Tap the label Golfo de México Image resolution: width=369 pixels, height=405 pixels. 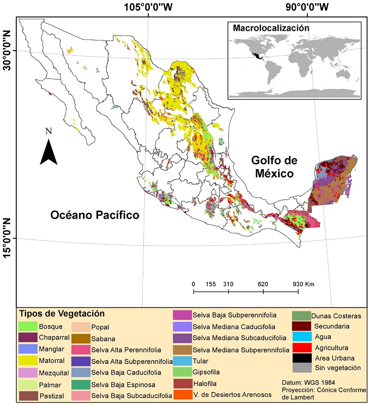[x=272, y=167]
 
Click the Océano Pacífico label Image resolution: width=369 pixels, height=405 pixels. [x=95, y=215]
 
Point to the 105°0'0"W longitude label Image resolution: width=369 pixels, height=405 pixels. [x=148, y=7]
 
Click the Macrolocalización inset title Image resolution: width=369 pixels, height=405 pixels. [x=270, y=28]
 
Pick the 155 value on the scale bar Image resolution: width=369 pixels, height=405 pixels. [x=211, y=284]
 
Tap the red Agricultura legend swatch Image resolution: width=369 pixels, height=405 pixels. [x=301, y=347]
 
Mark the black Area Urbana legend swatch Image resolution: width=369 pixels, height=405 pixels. [x=301, y=358]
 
